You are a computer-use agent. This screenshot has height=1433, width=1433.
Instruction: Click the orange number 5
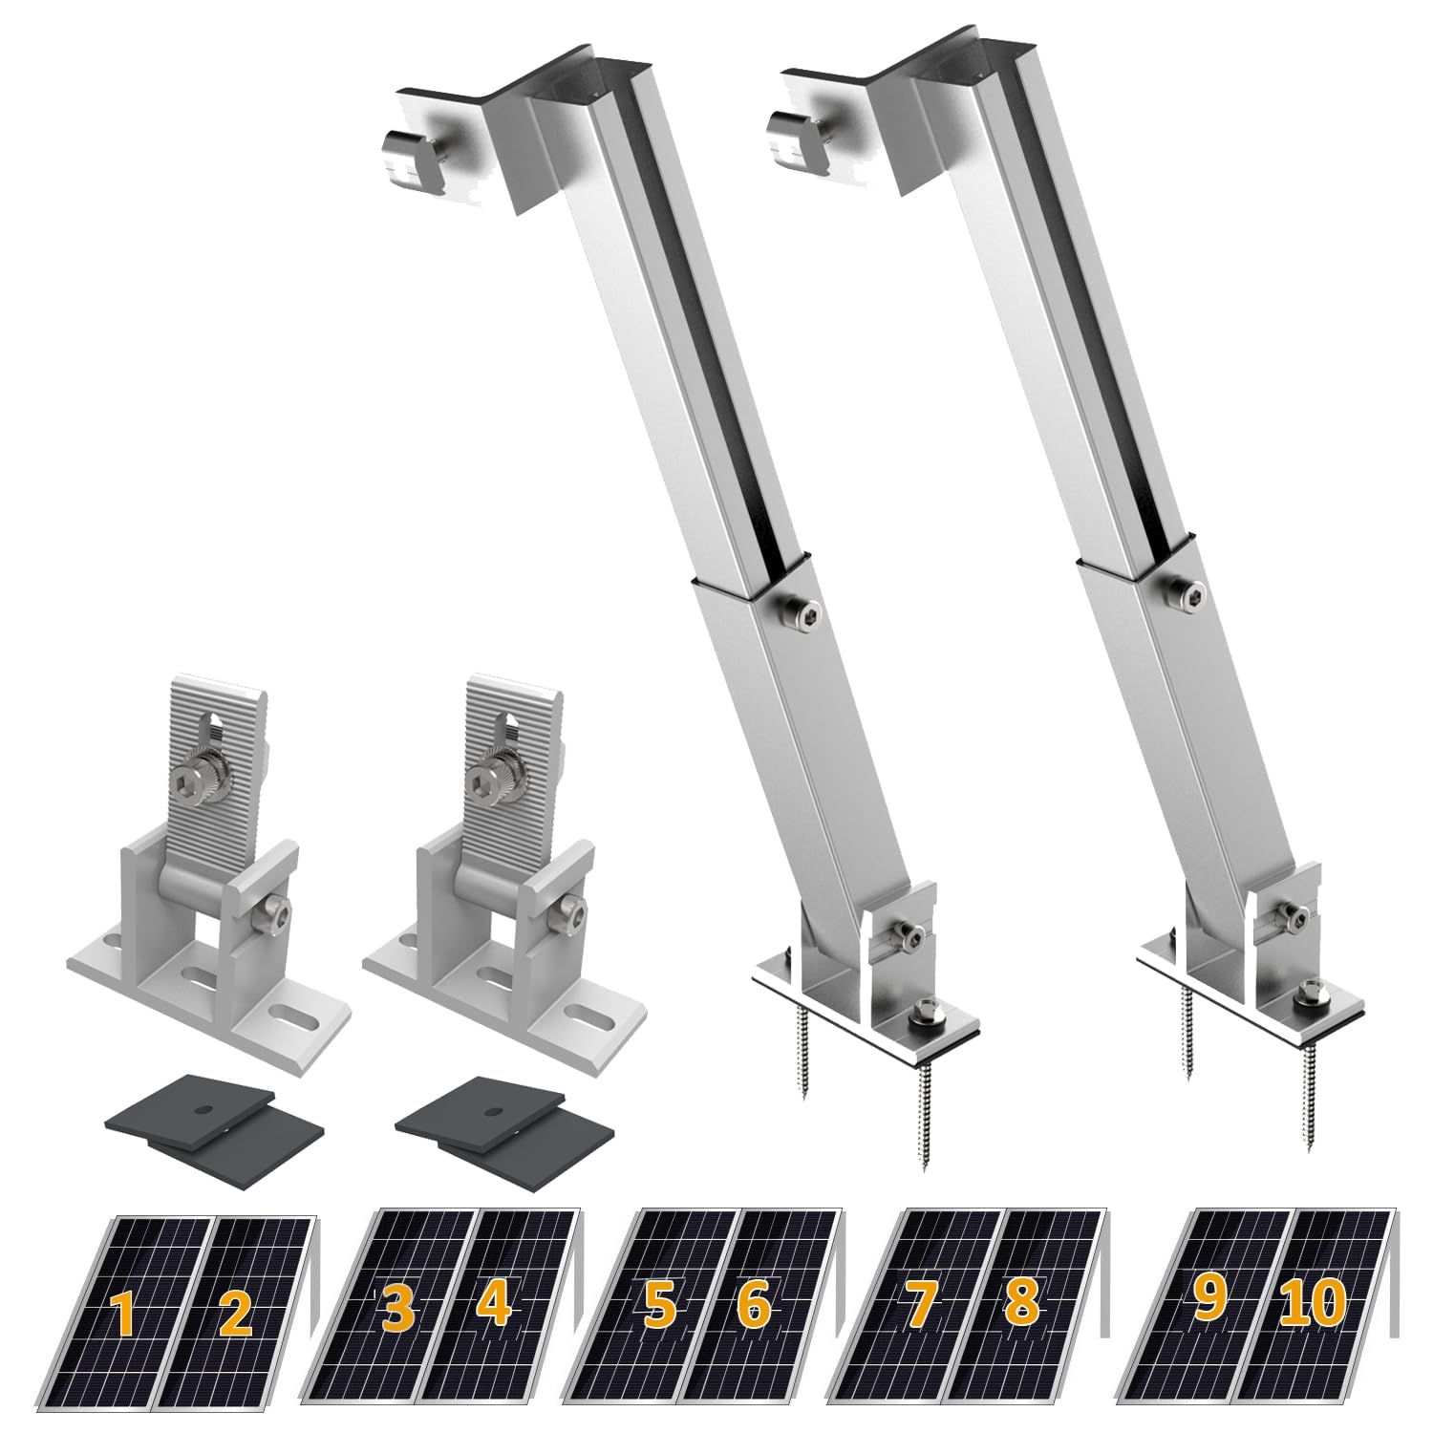click(658, 1306)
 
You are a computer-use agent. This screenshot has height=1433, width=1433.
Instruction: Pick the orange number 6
click(755, 1306)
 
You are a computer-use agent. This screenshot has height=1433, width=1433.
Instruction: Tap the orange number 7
click(921, 1306)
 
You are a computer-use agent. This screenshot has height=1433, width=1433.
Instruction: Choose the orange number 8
click(1020, 1306)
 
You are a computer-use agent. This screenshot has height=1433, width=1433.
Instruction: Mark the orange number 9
click(1208, 1301)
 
